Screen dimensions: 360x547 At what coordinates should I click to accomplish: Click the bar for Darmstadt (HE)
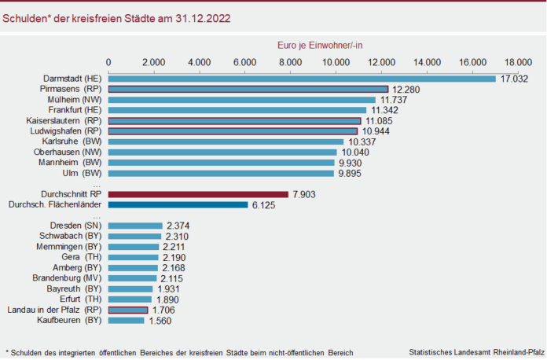tap(302, 79)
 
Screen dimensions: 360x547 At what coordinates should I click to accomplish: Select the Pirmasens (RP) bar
tap(248, 90)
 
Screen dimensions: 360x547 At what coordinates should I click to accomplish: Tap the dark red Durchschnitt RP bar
tap(198, 194)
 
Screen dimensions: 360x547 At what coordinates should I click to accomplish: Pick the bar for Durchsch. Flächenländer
tap(178, 204)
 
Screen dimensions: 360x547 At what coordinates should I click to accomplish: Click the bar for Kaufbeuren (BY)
tap(126, 321)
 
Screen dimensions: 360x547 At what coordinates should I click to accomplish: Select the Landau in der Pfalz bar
tap(127, 310)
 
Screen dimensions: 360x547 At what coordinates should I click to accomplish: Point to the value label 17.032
tap(514, 79)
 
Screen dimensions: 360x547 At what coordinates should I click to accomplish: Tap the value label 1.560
tap(160, 321)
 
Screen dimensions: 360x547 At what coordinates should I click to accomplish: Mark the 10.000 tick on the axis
tap(336, 61)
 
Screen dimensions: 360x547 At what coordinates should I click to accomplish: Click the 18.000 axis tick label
tap(519, 61)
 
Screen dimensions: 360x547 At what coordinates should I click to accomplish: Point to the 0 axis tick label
tap(108, 61)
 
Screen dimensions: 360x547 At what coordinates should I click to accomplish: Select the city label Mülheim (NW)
tap(73, 100)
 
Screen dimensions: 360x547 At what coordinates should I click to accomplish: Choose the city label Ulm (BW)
tap(82, 173)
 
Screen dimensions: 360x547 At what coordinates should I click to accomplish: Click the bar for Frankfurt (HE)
tap(237, 110)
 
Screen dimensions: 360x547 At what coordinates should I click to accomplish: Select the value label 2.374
tap(178, 226)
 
